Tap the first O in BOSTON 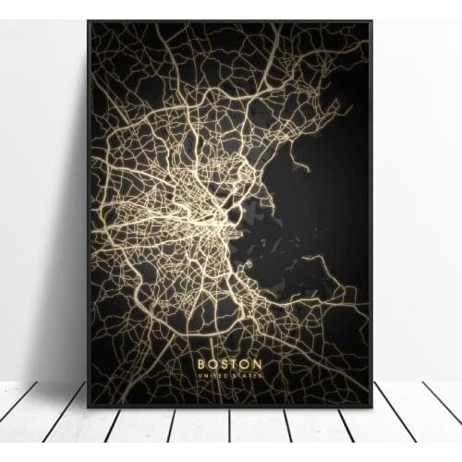coord(212,364)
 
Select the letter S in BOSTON coord(224,364)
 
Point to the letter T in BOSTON coord(235,364)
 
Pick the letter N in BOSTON coord(258,364)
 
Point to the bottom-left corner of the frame coord(89,407)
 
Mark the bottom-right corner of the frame coord(371,407)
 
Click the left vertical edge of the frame coord(89,213)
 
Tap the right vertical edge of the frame coord(371,213)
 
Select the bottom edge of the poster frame coord(231,407)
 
